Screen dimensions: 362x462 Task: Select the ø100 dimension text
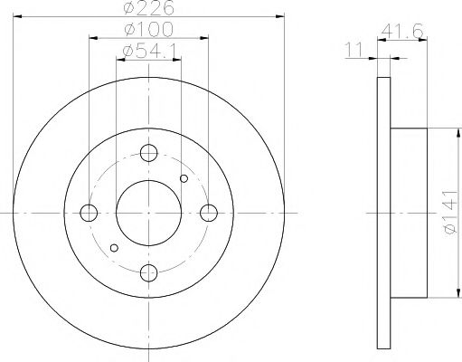click(x=149, y=31)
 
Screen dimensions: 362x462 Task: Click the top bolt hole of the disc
click(x=149, y=153)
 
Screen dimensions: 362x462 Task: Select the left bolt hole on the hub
click(x=89, y=213)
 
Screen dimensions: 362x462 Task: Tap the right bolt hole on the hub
click(x=210, y=213)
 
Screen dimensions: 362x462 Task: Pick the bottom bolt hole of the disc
click(x=149, y=273)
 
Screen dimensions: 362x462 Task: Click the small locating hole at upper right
click(x=184, y=178)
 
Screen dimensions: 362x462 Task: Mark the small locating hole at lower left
click(x=114, y=247)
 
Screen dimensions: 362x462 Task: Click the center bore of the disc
click(x=149, y=213)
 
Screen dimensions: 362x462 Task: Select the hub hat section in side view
click(x=408, y=213)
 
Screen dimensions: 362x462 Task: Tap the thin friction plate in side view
click(x=382, y=213)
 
